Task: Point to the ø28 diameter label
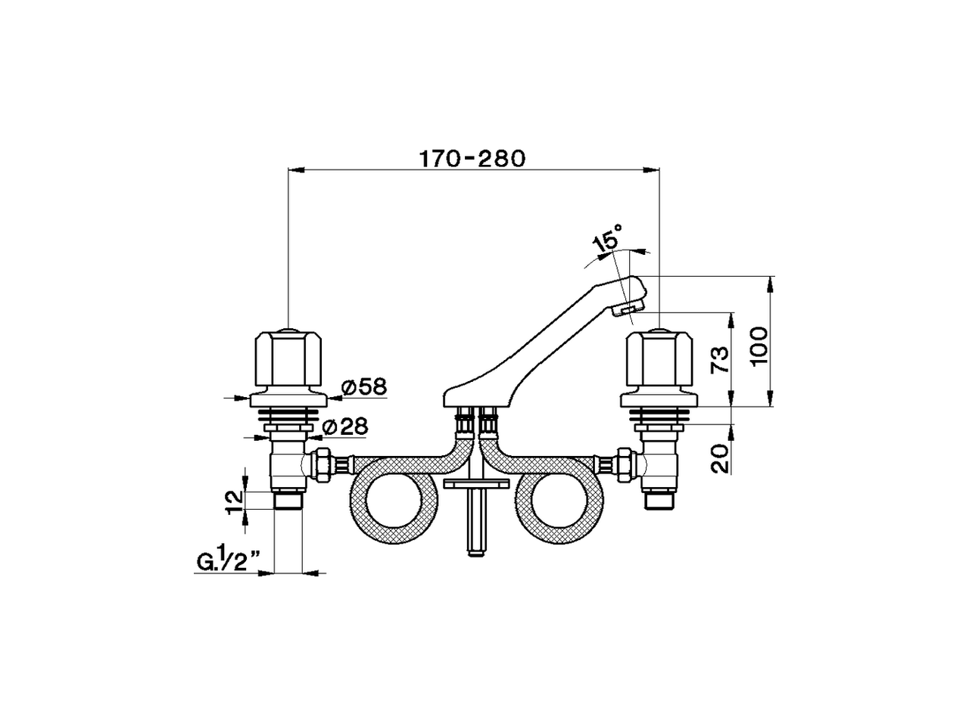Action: pyautogui.click(x=344, y=427)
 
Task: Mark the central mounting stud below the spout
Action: pyautogui.click(x=475, y=522)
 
